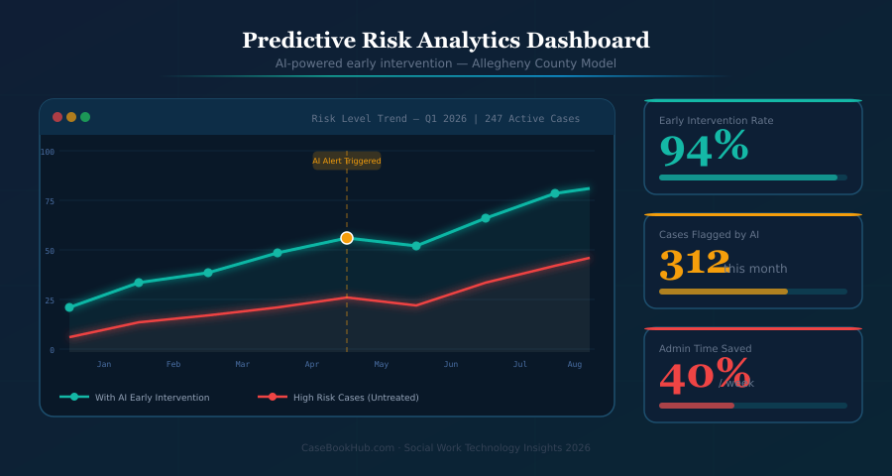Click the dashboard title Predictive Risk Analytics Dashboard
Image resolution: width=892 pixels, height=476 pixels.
446,41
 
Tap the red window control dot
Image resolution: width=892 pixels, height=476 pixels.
57,117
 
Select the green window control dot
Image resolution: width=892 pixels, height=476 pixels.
85,117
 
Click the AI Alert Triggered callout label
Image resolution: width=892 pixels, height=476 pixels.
347,161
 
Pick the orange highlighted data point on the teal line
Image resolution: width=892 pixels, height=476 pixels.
347,238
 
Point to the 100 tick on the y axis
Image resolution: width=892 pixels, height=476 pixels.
48,152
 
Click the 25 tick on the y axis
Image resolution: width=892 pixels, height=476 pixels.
49,299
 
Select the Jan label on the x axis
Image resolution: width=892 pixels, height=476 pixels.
104,365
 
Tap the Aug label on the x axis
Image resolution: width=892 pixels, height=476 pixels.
575,365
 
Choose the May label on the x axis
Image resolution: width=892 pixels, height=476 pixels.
382,365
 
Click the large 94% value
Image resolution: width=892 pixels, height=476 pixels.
704,149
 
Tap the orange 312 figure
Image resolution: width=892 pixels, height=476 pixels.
694,264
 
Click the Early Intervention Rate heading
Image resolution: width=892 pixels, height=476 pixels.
716,121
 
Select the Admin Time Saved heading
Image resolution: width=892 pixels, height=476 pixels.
705,349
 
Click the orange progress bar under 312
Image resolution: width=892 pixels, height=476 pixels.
724,292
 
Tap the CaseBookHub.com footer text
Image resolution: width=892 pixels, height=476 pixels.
446,448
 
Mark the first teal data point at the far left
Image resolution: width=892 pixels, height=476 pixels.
69,307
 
